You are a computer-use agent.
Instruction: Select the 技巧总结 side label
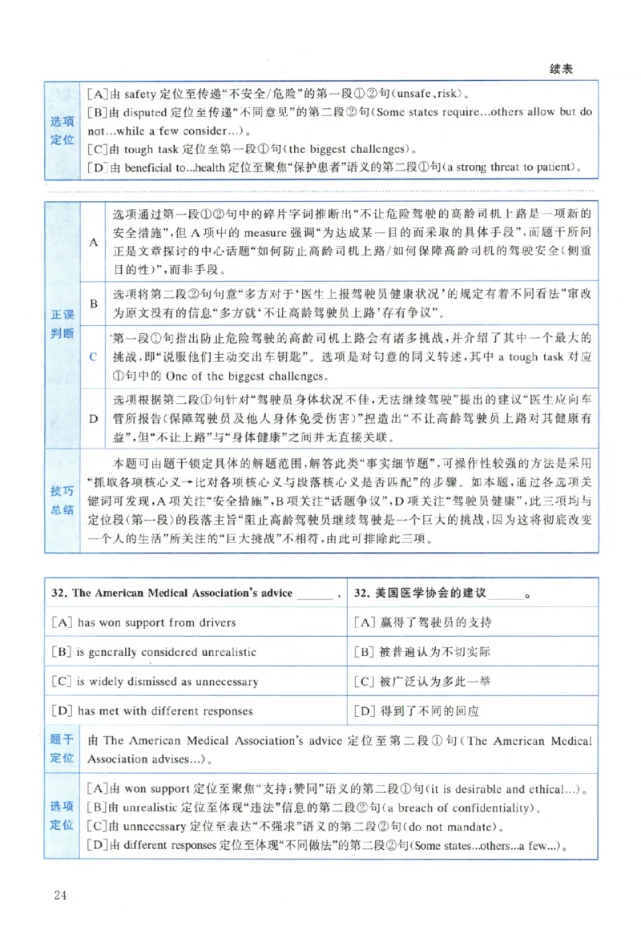coord(62,500)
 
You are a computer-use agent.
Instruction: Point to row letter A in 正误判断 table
coord(93,241)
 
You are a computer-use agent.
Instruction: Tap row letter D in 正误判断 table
coord(93,417)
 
